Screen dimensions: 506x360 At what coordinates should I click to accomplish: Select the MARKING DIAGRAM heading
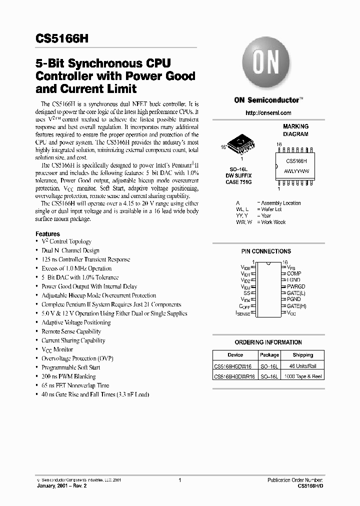(x=295, y=130)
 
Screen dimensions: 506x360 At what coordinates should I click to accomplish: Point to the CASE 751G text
(x=238, y=182)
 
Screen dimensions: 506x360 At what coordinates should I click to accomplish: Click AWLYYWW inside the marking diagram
(x=297, y=170)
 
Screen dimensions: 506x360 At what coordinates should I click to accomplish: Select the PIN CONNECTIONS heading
(x=265, y=251)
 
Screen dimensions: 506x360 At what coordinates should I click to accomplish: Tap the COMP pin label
(x=293, y=273)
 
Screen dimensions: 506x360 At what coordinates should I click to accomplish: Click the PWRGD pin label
(x=295, y=286)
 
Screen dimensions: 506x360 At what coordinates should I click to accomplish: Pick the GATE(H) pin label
(x=296, y=305)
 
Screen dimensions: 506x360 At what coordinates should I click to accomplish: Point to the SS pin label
(x=246, y=292)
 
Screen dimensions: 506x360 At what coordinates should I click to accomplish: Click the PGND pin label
(x=293, y=299)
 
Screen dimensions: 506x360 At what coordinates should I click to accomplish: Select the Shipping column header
(x=302, y=354)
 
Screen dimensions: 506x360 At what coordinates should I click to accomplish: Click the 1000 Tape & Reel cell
(x=302, y=376)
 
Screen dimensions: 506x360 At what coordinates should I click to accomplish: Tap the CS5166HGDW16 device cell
(x=234, y=365)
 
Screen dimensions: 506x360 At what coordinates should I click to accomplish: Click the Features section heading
(x=47, y=233)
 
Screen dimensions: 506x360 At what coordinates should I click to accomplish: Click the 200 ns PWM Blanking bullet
(x=68, y=376)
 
